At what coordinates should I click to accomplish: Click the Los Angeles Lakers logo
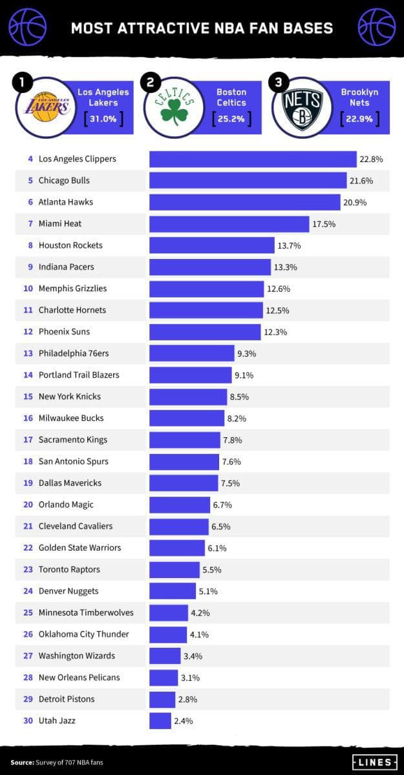point(45,106)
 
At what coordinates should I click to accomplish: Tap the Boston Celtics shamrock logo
point(174,106)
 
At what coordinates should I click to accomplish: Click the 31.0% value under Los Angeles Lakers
point(103,119)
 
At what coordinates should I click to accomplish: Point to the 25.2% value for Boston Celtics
point(231,119)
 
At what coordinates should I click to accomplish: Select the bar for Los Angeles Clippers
point(253,159)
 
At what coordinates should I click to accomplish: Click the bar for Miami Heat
point(229,223)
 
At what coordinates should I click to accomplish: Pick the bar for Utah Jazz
point(160,720)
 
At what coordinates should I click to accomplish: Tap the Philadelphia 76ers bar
point(191,353)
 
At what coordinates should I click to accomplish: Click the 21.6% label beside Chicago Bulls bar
point(361,181)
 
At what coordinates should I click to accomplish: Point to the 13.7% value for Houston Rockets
point(289,245)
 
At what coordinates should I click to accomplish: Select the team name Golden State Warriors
point(80,548)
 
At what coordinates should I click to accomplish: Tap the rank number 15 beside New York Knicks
point(28,397)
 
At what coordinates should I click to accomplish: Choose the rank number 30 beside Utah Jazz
point(28,720)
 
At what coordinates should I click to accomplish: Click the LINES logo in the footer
point(374,762)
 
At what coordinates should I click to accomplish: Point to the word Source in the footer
point(21,763)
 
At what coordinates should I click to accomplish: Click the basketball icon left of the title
point(27,27)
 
